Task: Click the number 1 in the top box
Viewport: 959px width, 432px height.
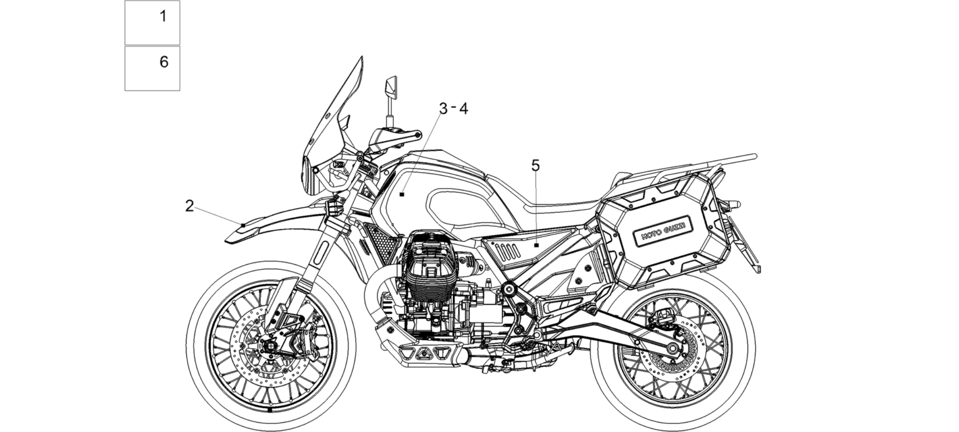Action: (163, 16)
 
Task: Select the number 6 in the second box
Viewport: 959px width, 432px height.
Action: (164, 62)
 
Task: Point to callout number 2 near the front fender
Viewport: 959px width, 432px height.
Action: (189, 206)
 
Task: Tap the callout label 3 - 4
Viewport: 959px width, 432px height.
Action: (453, 108)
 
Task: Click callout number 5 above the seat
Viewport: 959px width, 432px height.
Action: (535, 165)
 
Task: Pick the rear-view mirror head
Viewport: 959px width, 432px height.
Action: (391, 88)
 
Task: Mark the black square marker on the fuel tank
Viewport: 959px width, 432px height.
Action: (402, 194)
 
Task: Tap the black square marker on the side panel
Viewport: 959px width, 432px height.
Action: (536, 245)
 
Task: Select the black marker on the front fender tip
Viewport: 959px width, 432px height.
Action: (243, 226)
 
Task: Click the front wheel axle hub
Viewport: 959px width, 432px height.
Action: (270, 347)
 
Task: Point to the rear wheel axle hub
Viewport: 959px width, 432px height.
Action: (672, 348)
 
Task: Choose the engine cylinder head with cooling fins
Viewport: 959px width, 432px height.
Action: (431, 268)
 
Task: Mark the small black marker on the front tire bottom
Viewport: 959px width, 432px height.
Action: (270, 409)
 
